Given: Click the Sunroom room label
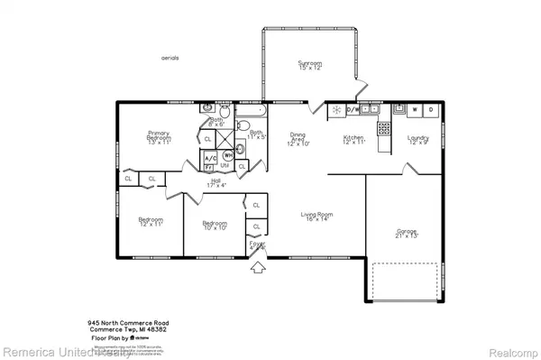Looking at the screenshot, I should coord(310,66).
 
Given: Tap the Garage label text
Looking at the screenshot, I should coord(407,234).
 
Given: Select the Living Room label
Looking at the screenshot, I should coord(316,217).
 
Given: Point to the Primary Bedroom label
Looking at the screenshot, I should coord(159,136).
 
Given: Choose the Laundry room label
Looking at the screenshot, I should coord(417,140).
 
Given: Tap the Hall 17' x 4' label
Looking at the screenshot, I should coord(216,183).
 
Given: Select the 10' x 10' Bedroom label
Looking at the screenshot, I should coord(215,226).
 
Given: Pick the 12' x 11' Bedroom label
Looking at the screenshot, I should coord(150,222).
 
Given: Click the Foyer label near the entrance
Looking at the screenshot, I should coord(258,244).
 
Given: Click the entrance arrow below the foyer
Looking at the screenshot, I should coord(258,266).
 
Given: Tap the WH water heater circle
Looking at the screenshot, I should coord(228,155).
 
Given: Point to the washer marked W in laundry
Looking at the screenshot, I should coord(414,110).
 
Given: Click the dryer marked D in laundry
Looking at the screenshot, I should coord(431,110).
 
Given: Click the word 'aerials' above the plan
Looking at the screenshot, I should coord(170,57).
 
